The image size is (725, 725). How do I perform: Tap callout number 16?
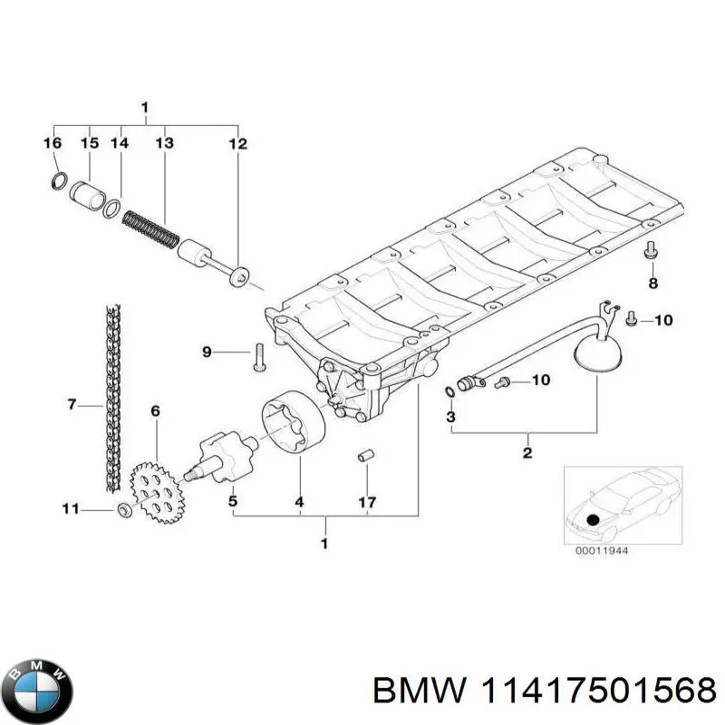pyautogui.click(x=53, y=143)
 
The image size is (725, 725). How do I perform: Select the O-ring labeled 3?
pyautogui.click(x=451, y=391)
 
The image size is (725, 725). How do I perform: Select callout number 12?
pyautogui.click(x=237, y=143)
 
